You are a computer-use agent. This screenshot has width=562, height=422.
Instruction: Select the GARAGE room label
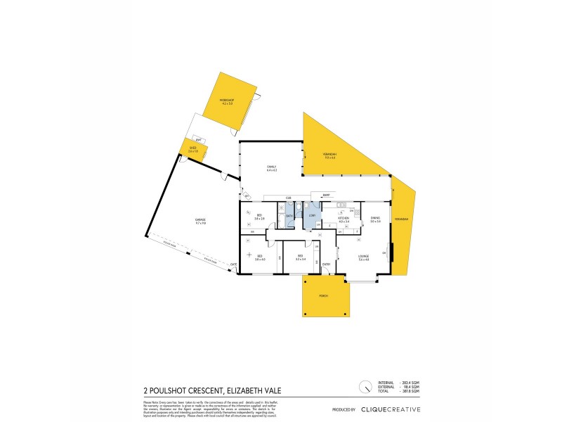(200, 222)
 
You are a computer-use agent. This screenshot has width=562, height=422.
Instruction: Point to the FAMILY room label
(271, 168)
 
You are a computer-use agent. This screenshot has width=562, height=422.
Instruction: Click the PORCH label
(324, 298)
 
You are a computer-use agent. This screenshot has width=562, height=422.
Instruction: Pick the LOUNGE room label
(363, 257)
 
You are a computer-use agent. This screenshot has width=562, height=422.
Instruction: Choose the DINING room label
(375, 219)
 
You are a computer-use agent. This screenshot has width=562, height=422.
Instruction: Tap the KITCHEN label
(344, 219)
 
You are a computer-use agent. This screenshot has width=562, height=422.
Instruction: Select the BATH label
(289, 215)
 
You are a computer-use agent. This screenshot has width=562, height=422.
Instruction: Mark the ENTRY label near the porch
(326, 264)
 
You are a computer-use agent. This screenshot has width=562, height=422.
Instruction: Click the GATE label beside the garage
(234, 264)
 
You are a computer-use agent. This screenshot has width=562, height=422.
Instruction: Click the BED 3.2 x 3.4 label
(300, 257)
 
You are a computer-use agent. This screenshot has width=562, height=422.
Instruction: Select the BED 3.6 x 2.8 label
(259, 217)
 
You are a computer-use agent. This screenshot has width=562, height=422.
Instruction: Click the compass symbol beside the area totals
(365, 386)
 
